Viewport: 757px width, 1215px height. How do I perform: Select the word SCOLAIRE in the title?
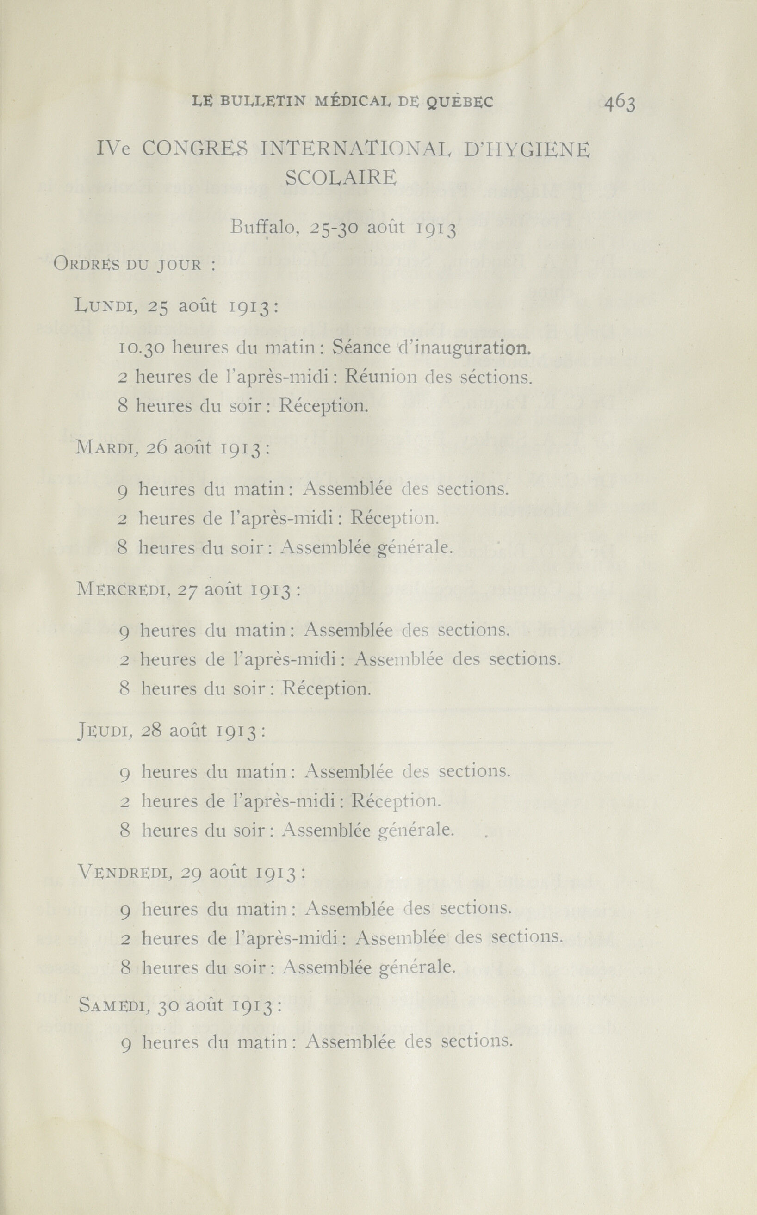(341, 177)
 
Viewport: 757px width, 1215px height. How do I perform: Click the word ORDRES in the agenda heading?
(86, 264)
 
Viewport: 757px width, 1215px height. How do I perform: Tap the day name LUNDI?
(105, 305)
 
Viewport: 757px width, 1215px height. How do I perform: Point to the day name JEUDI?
(104, 732)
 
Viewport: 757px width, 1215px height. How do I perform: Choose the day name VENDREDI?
(126, 873)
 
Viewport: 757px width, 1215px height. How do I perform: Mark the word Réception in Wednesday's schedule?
(327, 689)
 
